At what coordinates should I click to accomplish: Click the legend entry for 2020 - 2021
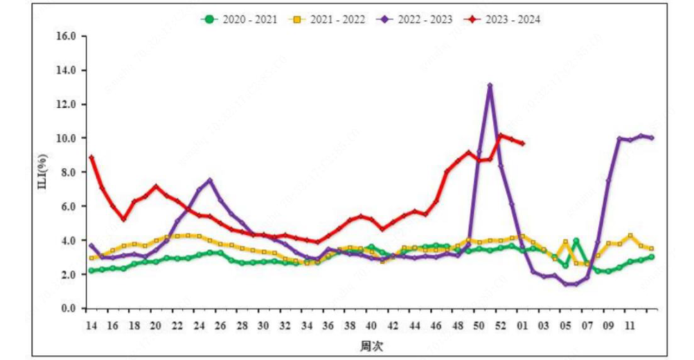click(240, 19)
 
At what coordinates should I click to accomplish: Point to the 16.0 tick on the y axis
click(66, 36)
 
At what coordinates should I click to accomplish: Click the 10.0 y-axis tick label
click(66, 138)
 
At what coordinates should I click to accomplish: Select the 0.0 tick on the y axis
click(68, 309)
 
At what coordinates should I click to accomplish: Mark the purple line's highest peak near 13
click(490, 85)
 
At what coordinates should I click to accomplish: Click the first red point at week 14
click(91, 157)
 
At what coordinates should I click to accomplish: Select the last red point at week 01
click(522, 143)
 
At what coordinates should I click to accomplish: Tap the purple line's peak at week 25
click(209, 181)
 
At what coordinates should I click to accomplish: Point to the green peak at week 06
click(576, 241)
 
